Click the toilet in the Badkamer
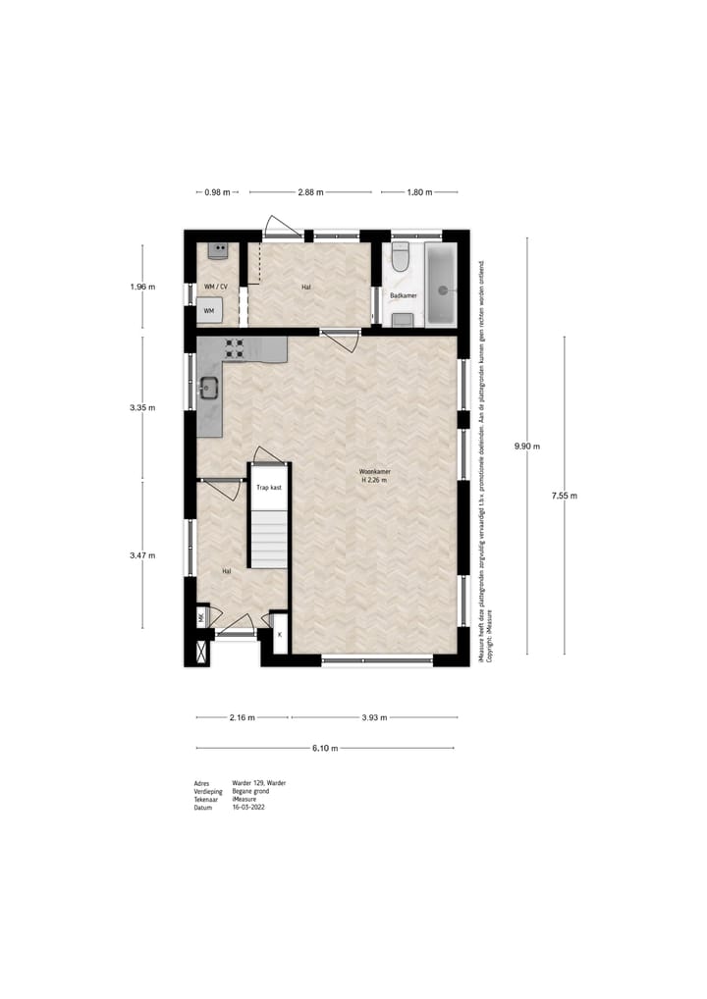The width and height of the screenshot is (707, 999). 400,258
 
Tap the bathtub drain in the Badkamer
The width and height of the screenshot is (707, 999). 443,290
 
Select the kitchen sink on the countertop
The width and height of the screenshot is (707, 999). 208,388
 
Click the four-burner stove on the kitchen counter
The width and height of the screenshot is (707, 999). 236,346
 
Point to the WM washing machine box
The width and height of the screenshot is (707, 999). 209,310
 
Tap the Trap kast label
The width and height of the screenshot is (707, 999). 269,487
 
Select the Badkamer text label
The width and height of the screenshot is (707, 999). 404,294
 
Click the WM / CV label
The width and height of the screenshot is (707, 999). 215,287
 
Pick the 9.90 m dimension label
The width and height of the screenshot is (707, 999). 527,447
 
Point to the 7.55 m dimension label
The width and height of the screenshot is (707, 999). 565,496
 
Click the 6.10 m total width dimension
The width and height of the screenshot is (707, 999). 325,749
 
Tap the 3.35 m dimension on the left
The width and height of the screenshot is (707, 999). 143,407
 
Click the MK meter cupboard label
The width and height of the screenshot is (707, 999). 201,617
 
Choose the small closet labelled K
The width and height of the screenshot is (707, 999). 280,635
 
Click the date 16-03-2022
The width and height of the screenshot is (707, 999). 248,808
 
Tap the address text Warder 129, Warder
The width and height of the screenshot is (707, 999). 259,783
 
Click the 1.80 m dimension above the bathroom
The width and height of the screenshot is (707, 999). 419,192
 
